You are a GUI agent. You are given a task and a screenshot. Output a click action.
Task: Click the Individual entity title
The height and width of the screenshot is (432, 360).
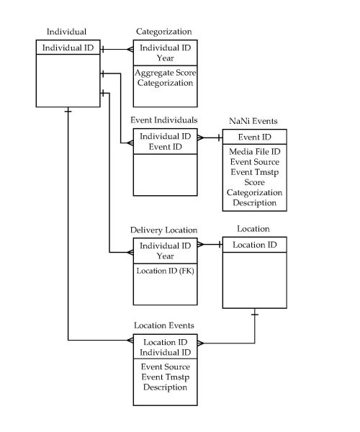pos(66,32)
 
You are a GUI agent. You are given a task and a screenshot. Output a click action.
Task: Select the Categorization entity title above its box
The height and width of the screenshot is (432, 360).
pos(164,32)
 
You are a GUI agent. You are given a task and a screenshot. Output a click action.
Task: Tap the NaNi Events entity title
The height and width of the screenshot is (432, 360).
pos(253,122)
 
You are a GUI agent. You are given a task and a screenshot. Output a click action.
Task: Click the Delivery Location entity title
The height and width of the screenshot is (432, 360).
pos(163,230)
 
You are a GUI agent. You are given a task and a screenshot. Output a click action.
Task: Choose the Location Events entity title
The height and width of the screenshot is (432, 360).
pos(163,325)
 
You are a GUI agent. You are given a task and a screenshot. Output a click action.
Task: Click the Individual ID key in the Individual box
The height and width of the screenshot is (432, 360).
pos(68,48)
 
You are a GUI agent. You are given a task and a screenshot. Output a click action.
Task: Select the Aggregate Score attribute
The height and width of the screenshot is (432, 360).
pos(166,73)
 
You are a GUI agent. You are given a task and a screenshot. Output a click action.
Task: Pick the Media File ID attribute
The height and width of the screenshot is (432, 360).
pos(254,152)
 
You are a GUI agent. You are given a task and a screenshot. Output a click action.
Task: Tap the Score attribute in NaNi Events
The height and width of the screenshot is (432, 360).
pos(254,183)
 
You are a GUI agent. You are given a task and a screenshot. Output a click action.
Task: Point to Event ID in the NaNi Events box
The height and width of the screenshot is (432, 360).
pos(254,136)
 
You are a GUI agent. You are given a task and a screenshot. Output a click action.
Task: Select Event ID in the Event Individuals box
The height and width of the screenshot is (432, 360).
pos(165,146)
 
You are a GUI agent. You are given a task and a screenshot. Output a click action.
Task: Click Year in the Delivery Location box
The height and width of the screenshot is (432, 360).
pos(166,256)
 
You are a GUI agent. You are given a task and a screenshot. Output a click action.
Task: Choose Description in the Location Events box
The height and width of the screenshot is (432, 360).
pos(166,387)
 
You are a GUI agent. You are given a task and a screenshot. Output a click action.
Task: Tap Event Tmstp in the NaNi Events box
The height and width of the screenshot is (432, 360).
pos(254,173)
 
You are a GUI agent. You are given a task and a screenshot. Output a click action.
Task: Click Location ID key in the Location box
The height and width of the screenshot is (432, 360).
pos(254,245)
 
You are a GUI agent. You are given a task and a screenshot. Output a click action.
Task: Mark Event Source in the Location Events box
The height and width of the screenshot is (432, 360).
pos(166,367)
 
